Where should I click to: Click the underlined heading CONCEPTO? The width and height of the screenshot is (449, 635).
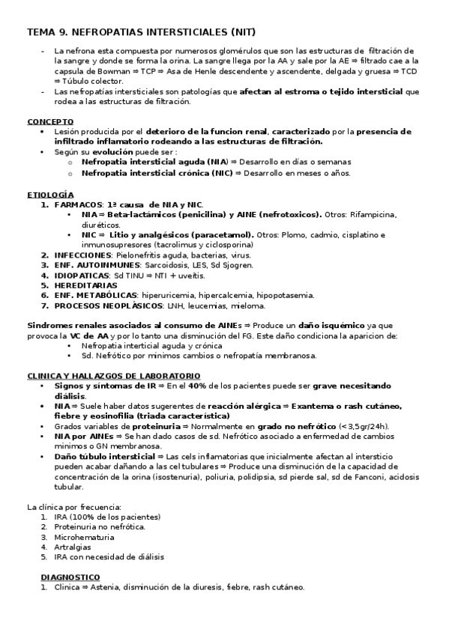[x=50, y=121]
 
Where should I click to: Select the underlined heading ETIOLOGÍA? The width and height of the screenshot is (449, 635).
[x=50, y=194]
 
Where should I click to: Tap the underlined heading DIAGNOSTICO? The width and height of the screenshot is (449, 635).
[x=70, y=577]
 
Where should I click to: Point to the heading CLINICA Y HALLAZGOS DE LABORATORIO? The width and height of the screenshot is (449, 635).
[x=112, y=375]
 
